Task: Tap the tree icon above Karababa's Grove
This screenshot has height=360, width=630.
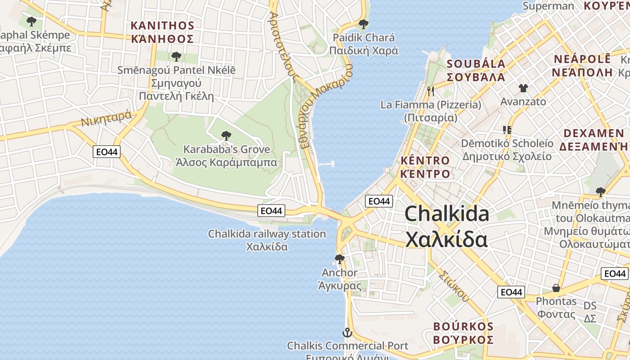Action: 226,135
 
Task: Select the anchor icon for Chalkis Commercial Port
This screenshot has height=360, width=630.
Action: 347,333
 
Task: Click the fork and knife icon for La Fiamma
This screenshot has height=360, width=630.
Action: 431,91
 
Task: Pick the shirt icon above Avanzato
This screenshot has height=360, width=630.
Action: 523,88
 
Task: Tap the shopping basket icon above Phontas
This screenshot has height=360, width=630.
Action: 556,288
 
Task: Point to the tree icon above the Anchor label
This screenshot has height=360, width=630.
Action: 340,259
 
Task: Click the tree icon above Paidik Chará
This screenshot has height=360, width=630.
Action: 363,24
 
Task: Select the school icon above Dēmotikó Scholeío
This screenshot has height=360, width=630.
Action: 507,130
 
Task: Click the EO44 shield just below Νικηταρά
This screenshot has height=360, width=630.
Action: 107,152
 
